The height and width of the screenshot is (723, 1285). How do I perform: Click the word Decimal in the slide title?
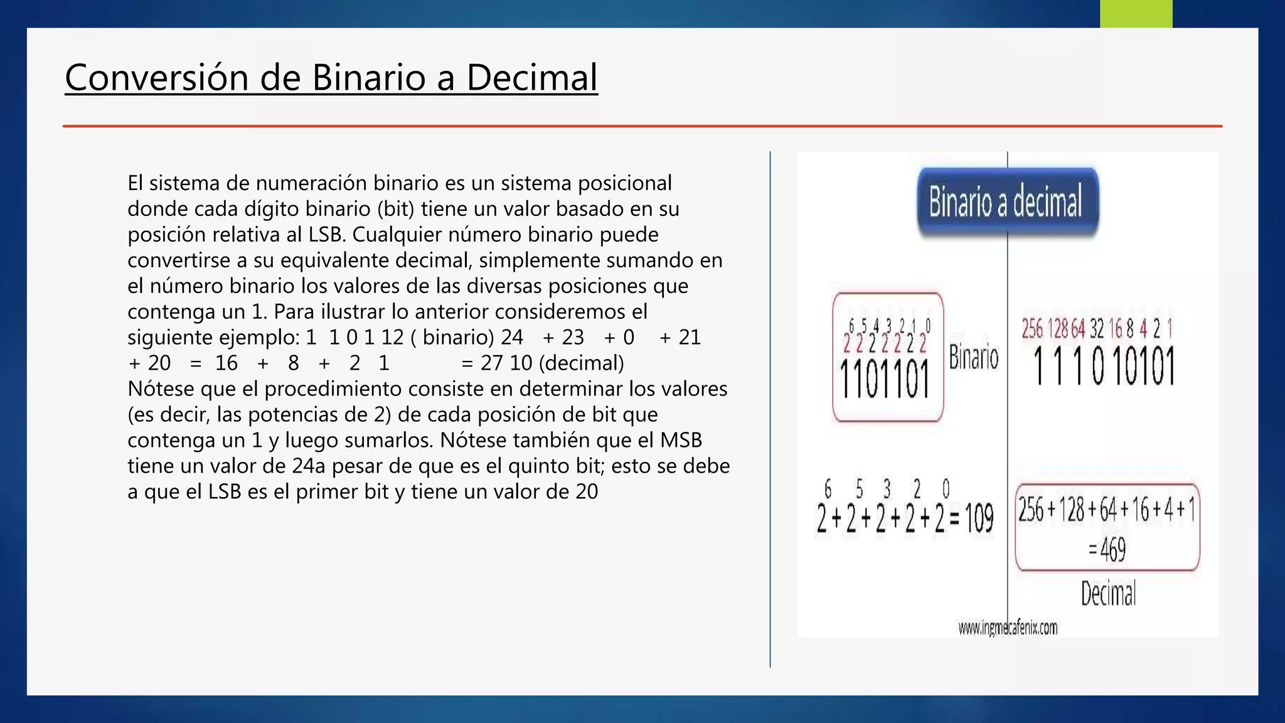[x=531, y=78]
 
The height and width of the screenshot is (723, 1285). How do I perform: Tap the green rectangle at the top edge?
[x=1136, y=13]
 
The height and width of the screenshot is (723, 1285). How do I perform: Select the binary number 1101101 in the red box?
[x=885, y=380]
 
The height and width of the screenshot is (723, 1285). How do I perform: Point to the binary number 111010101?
[x=1104, y=367]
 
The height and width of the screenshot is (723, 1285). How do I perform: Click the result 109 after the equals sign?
[x=979, y=518]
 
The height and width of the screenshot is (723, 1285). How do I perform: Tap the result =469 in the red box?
[x=1107, y=550]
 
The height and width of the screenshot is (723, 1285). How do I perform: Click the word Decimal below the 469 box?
[x=1108, y=594]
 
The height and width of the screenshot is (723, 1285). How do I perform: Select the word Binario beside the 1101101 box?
[x=973, y=358]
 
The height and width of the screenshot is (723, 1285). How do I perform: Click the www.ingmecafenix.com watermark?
[x=1008, y=628]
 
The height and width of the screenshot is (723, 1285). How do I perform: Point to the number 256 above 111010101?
[x=1033, y=329]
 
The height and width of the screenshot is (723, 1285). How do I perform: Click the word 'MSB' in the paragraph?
[x=681, y=440]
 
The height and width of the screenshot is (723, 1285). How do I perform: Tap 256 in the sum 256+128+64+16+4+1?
[x=1030, y=510]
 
